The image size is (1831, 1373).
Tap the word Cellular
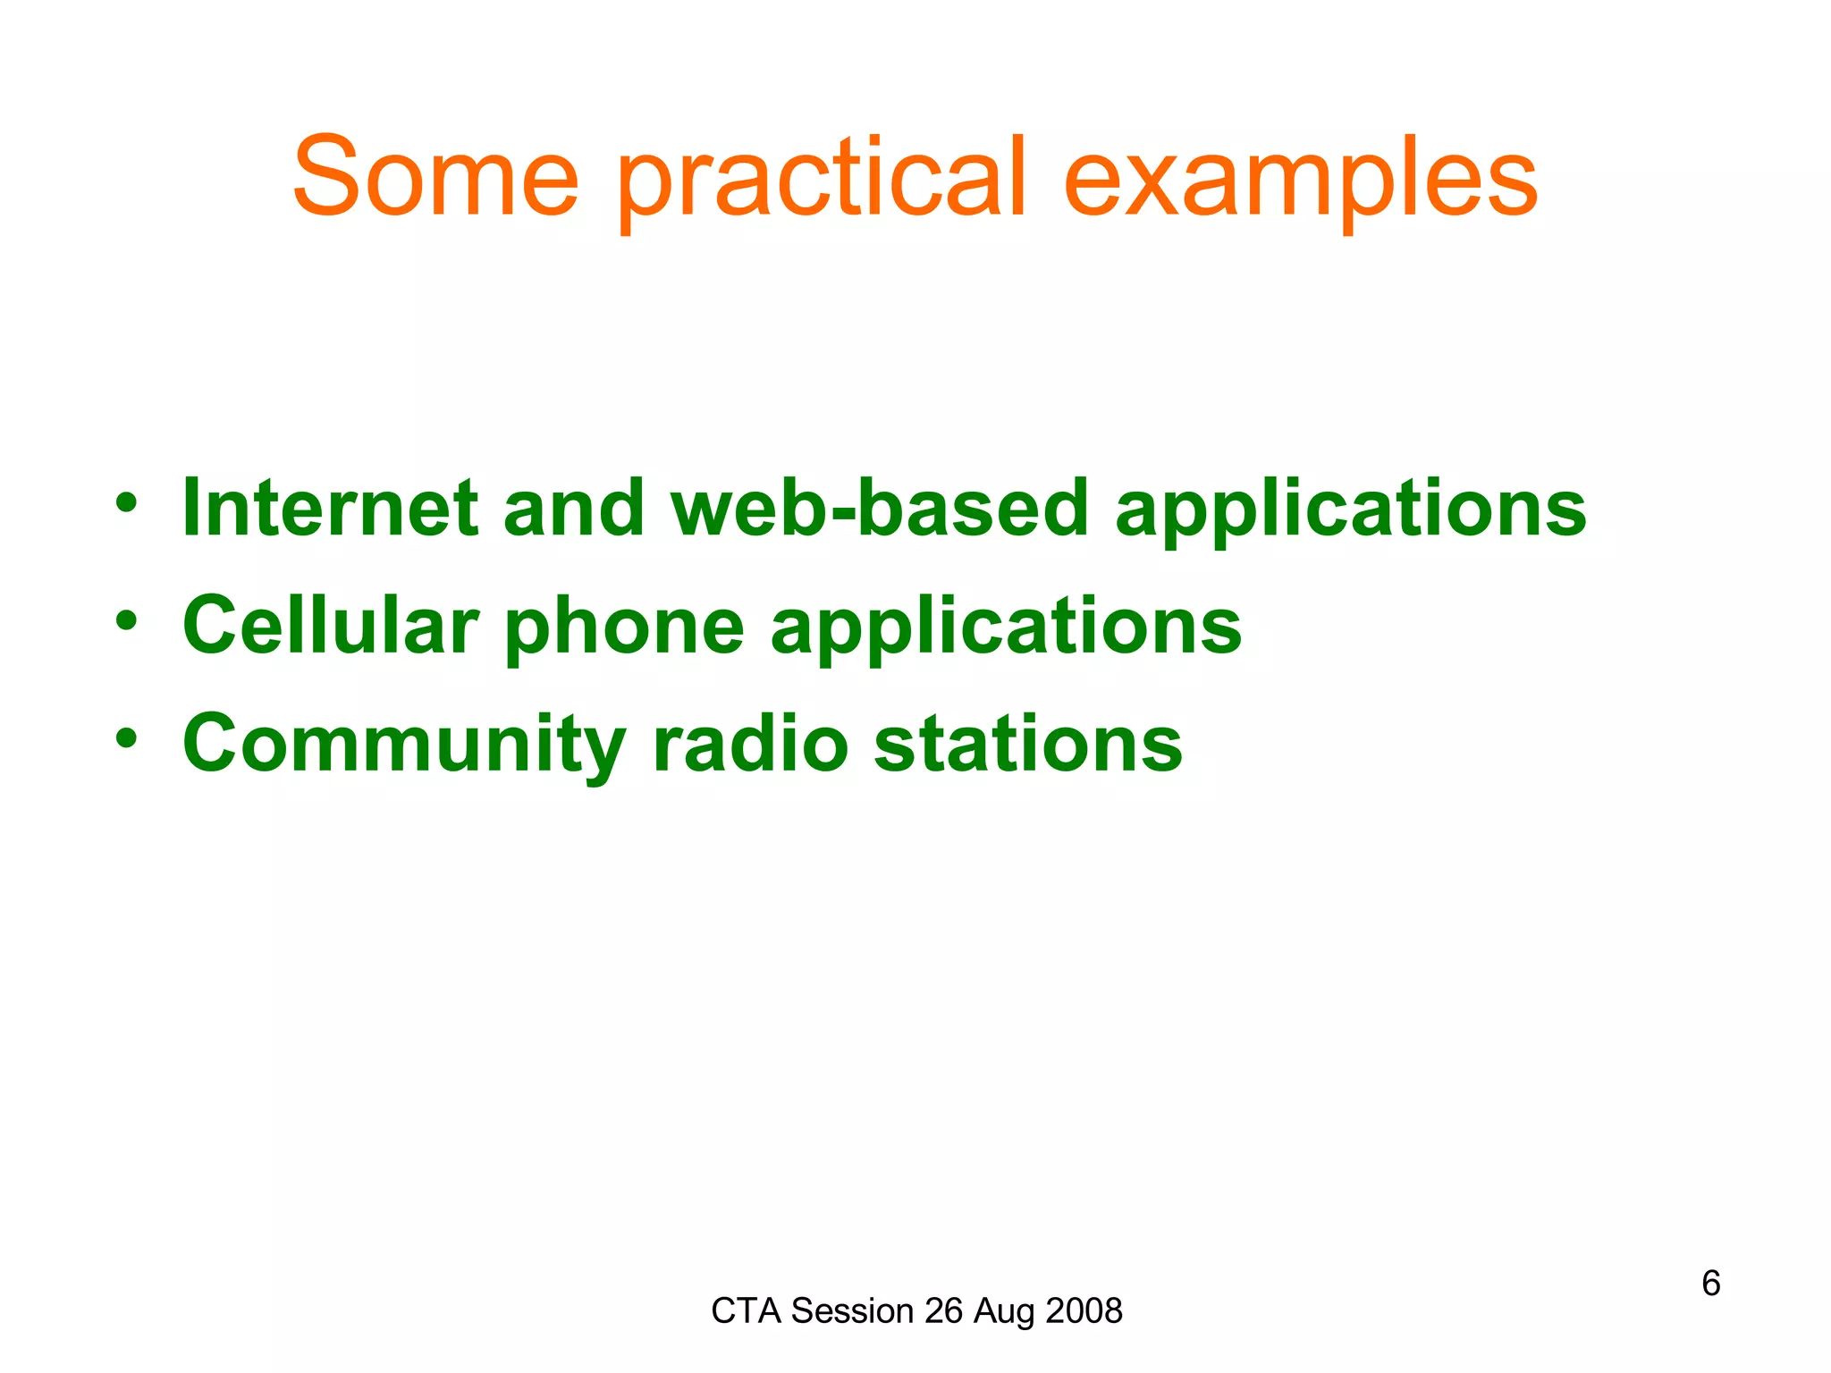330,626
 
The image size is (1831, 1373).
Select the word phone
624,629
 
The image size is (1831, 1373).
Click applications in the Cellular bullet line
1006,629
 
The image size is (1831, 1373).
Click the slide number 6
1710,1284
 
